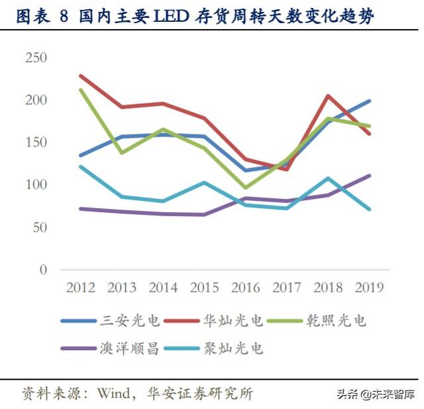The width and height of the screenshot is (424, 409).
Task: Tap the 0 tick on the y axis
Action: point(43,270)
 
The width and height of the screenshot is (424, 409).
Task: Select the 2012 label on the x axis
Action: point(80,288)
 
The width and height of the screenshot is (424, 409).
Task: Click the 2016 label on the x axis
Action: point(246,288)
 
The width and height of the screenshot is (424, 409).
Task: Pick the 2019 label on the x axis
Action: point(369,288)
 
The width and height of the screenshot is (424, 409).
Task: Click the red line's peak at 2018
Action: point(328,95)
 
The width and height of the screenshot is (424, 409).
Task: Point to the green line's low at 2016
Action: point(246,188)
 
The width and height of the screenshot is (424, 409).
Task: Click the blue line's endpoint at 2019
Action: point(369,101)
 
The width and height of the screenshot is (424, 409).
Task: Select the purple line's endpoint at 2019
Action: point(369,176)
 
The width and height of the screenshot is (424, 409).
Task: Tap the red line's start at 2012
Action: point(80,76)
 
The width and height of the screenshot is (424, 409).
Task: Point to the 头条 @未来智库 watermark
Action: point(375,394)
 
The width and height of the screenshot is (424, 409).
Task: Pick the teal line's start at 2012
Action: point(80,166)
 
